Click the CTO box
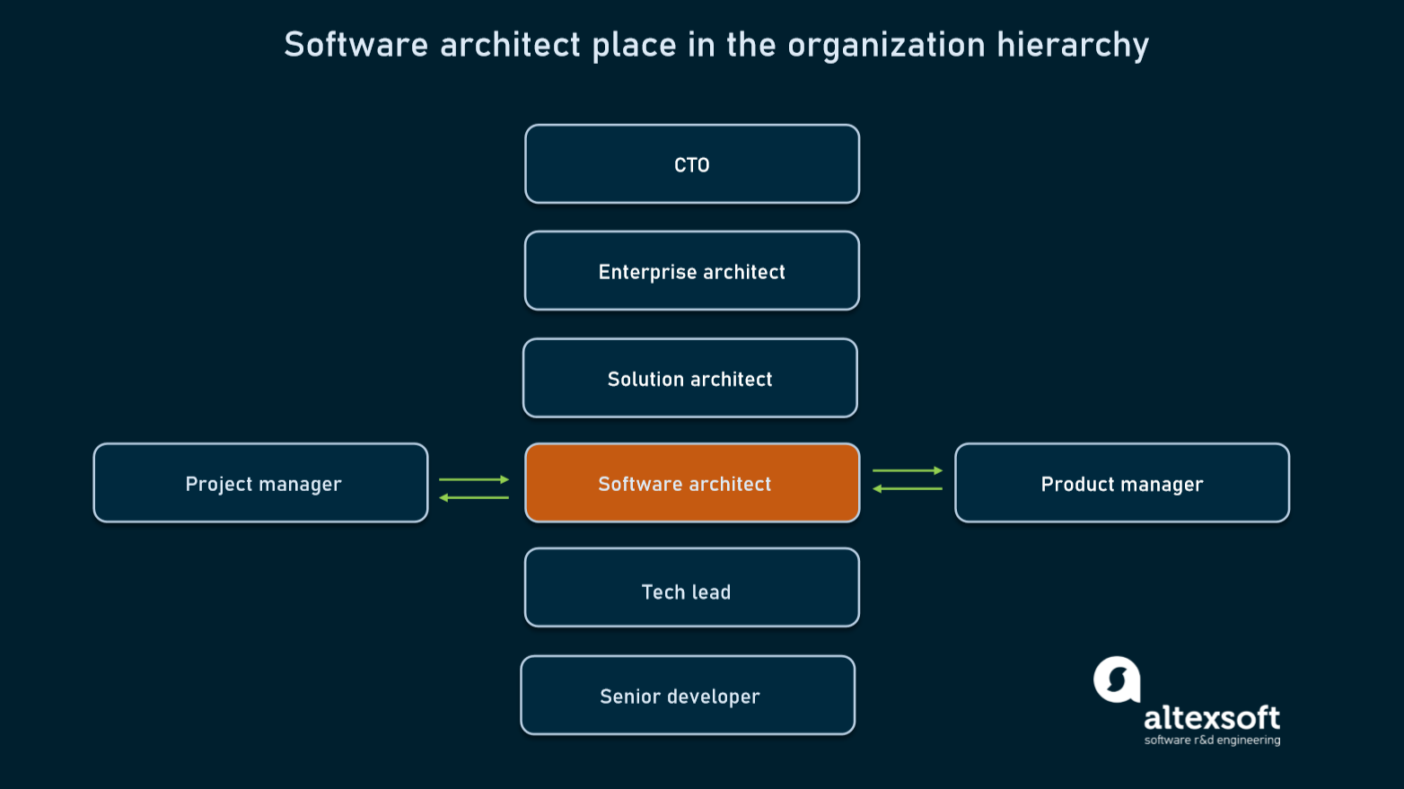pyautogui.click(x=692, y=164)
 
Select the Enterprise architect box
pyautogui.click(x=692, y=271)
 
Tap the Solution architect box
pyautogui.click(x=690, y=378)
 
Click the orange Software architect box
pyautogui.click(x=692, y=483)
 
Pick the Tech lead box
pyautogui.click(x=692, y=588)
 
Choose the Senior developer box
pyautogui.click(x=688, y=696)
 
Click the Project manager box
pyautogui.click(x=261, y=483)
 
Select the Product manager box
pyautogui.click(x=1122, y=483)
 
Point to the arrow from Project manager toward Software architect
pyautogui.click(x=474, y=479)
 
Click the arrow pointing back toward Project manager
pyautogui.click(x=474, y=497)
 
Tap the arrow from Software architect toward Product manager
pyautogui.click(x=908, y=470)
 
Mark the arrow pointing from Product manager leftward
pyautogui.click(x=908, y=488)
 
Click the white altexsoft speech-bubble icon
pyautogui.click(x=1117, y=679)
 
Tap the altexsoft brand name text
pyautogui.click(x=1212, y=718)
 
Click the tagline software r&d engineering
pyautogui.click(x=1212, y=741)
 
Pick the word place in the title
pyautogui.click(x=634, y=45)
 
